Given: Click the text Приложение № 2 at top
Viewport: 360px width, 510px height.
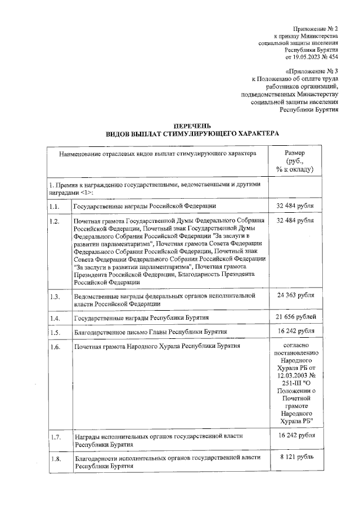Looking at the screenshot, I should [x=315, y=28].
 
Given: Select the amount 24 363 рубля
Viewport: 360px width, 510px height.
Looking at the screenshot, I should [x=295, y=294].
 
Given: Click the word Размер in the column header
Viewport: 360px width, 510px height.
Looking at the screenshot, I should [x=295, y=153].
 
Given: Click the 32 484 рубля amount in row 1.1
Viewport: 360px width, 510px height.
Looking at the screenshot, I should [x=295, y=205].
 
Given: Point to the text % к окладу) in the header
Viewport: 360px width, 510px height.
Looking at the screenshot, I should [x=295, y=169].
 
